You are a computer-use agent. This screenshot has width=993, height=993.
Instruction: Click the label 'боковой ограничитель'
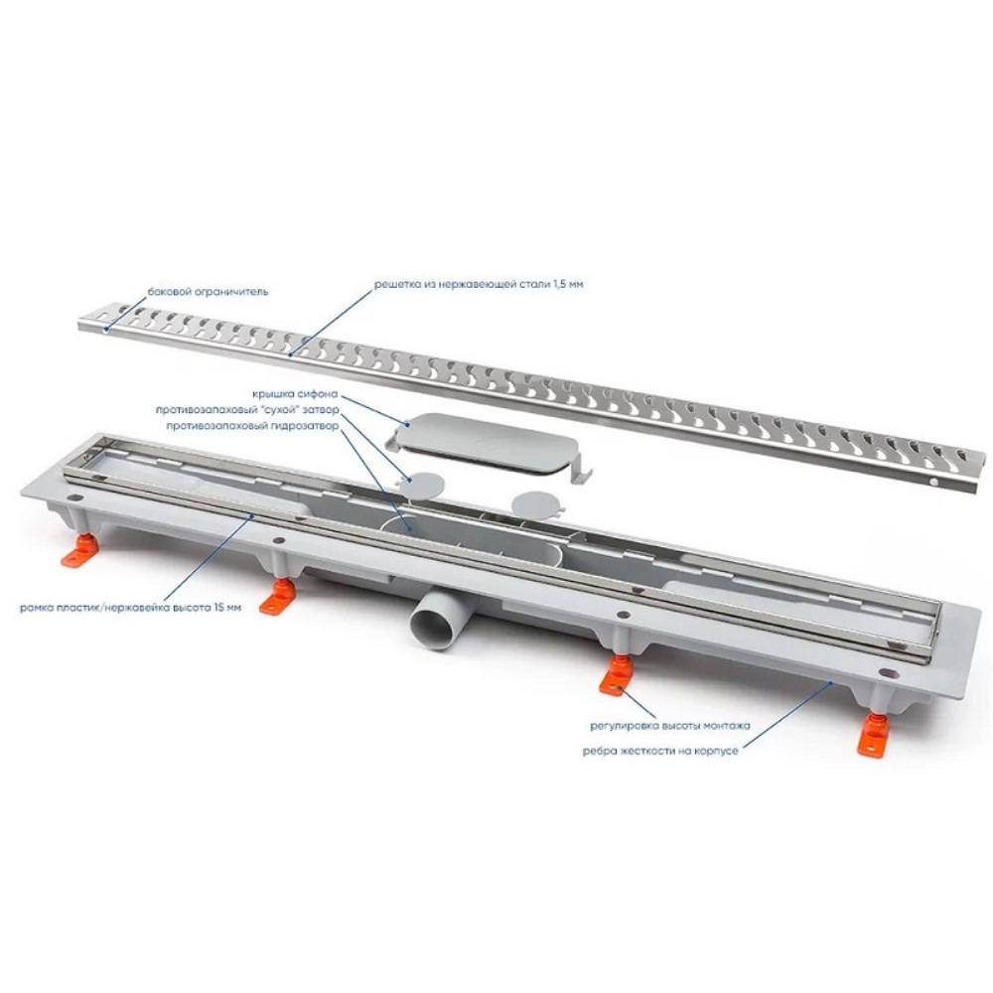[x=208, y=292]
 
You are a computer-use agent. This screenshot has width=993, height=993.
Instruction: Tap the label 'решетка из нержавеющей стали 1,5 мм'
[x=479, y=284]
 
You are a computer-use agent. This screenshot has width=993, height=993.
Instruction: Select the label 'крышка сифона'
[x=295, y=394]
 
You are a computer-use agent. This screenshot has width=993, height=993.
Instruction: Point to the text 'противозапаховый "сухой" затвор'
[x=247, y=410]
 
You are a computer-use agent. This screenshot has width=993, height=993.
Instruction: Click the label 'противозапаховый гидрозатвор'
[x=252, y=426]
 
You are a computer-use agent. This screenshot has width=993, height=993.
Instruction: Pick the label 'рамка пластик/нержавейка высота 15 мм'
[x=130, y=609]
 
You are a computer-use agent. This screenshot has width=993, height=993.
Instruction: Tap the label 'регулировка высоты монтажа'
[x=670, y=726]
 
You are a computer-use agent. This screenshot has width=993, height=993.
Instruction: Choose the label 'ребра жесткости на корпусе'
[x=660, y=751]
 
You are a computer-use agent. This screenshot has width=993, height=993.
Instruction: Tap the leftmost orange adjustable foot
[x=79, y=552]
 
